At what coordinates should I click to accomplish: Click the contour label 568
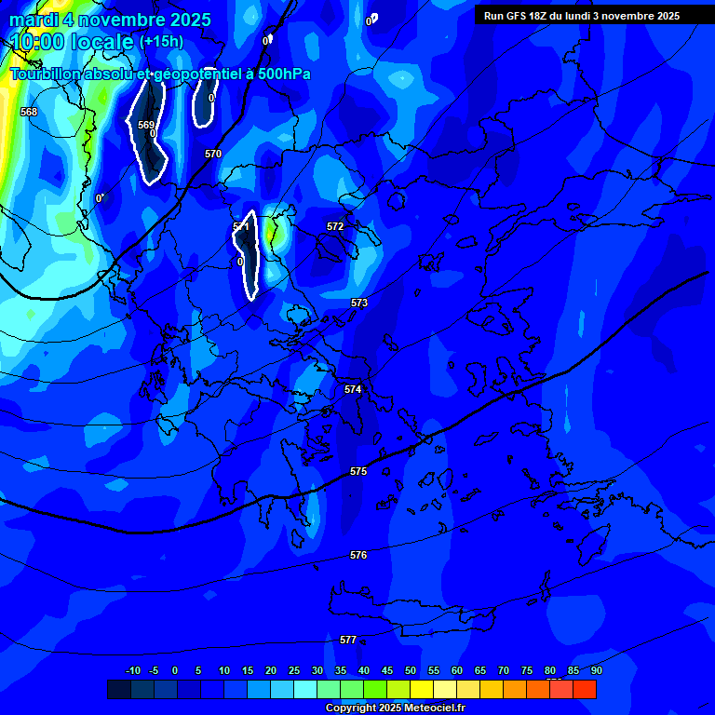click(29, 112)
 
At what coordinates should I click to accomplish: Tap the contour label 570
click(213, 154)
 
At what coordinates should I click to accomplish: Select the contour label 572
click(335, 226)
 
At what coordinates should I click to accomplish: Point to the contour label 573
click(359, 303)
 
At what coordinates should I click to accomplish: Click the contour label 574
click(353, 389)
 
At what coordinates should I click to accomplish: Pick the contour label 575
click(358, 472)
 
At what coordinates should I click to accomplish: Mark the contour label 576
click(358, 555)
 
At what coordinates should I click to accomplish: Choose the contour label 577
click(348, 640)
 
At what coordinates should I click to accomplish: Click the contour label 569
click(146, 125)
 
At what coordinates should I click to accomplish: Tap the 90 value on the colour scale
click(596, 670)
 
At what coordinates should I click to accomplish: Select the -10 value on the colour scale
click(133, 670)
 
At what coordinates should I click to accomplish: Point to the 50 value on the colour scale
click(410, 670)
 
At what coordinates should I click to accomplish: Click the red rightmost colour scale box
click(585, 689)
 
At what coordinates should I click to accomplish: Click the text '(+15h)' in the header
click(161, 42)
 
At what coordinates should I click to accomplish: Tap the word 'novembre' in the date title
click(122, 20)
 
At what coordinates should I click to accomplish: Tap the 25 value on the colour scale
click(294, 670)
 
